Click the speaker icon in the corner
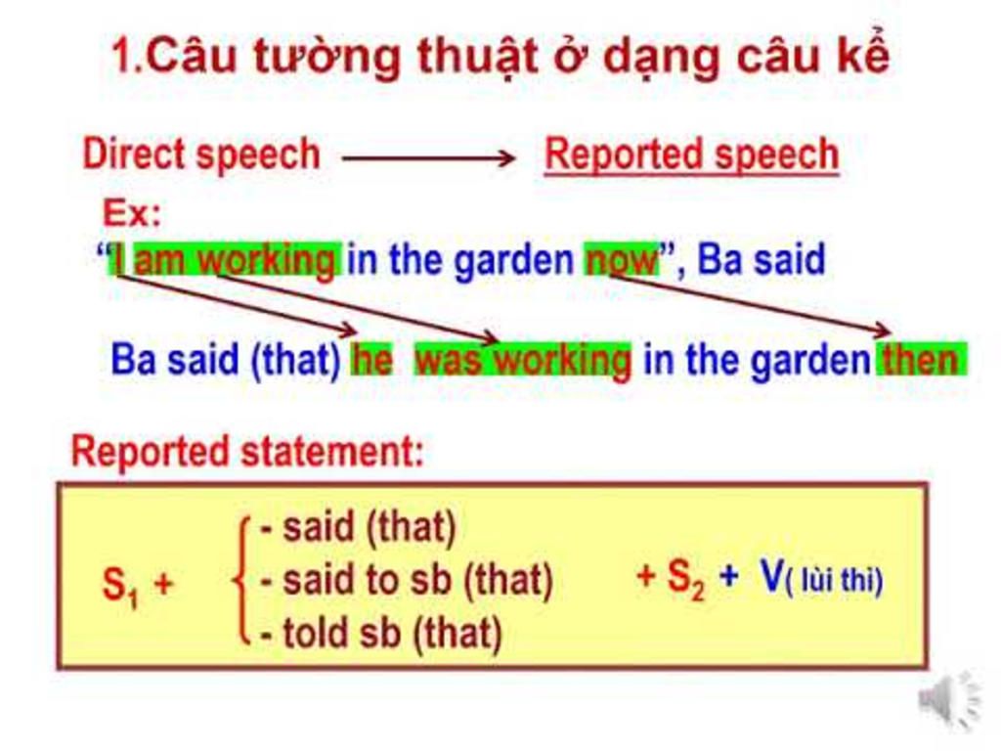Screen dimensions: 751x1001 (946, 698)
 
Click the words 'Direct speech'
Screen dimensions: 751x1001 (201, 155)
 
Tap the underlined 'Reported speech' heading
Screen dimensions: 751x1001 (691, 155)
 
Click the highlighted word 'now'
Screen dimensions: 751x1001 (622, 260)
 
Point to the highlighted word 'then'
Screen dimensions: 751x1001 (922, 361)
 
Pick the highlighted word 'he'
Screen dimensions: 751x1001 (371, 361)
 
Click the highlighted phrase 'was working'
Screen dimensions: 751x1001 (523, 361)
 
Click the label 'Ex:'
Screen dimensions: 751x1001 (132, 212)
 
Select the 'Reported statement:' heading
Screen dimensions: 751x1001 (248, 452)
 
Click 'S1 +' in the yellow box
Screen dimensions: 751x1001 (138, 585)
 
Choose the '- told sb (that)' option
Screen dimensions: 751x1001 (381, 635)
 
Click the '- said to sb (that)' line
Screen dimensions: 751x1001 (407, 582)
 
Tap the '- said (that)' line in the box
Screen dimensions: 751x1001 (359, 529)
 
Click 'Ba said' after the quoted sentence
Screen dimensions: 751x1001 (762, 260)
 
